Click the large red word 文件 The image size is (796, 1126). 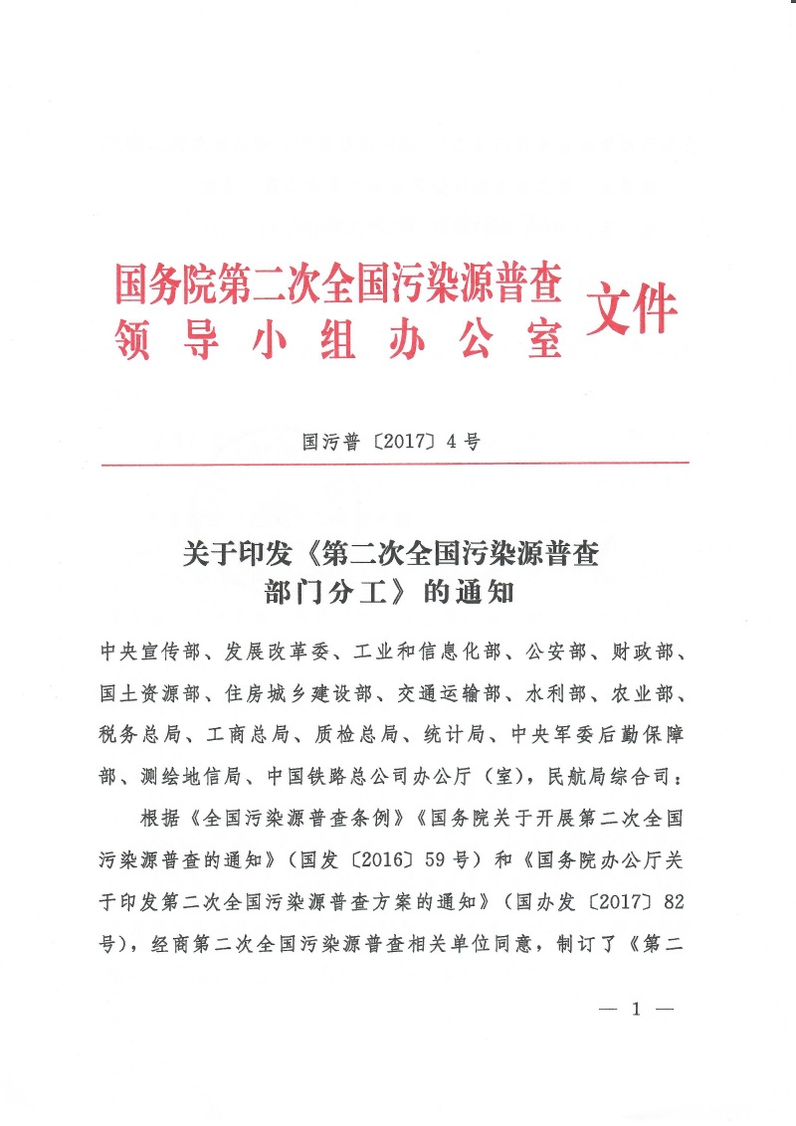[634, 305]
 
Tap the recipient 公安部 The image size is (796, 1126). [565, 652]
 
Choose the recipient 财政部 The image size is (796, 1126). [661, 652]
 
